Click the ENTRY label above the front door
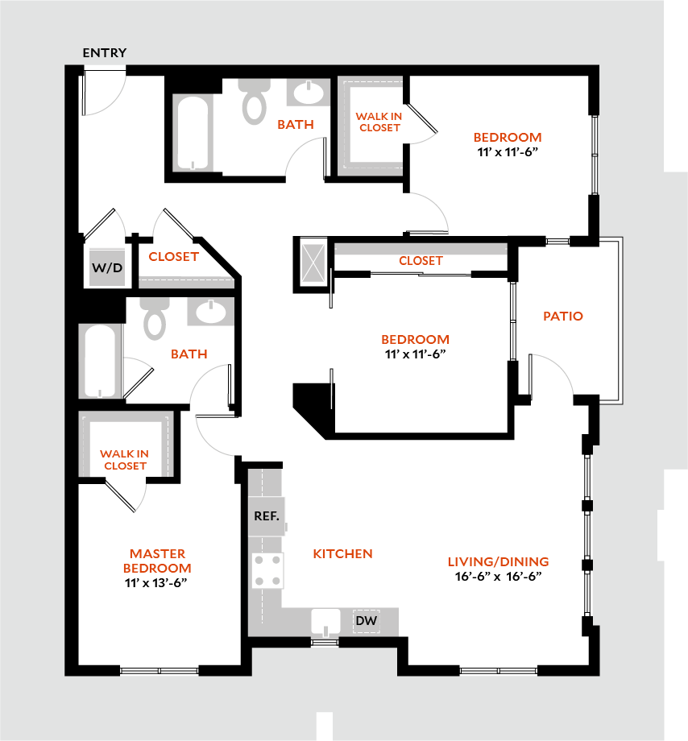coord(104,53)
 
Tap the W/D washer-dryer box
coord(106,267)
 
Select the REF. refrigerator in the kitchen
coord(266,516)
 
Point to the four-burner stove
coord(267,569)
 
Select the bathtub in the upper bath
coord(193,133)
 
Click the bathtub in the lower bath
coord(100,361)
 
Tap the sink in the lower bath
coord(210,312)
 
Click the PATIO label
coord(563,317)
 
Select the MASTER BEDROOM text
coord(158,561)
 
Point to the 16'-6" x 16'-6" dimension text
coord(498,577)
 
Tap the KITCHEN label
coord(342,553)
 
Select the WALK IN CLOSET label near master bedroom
coord(124,460)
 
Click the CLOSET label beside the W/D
coord(173,256)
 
